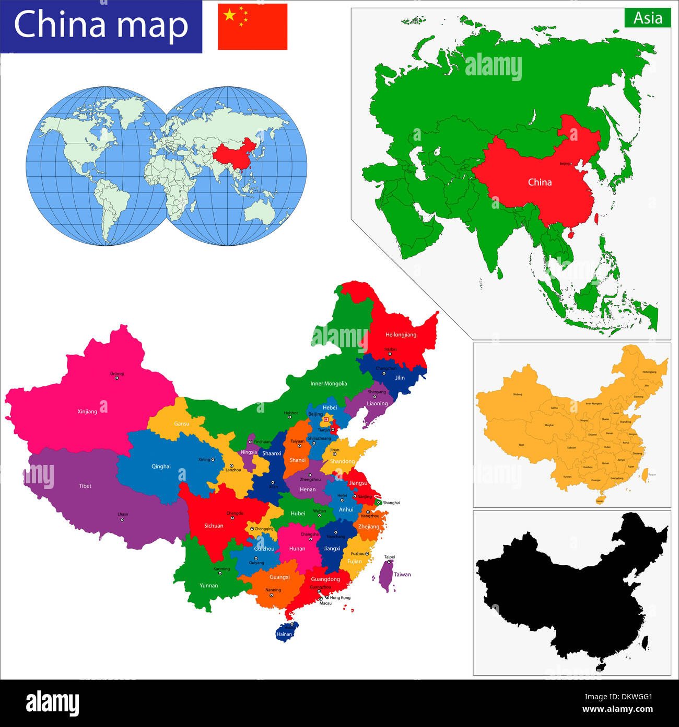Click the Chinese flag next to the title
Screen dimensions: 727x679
pos(252,27)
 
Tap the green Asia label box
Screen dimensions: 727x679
pos(647,18)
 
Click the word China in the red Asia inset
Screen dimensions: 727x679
pos(540,182)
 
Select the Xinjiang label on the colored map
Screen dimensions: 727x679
pos(87,412)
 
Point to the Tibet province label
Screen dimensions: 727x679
pos(85,486)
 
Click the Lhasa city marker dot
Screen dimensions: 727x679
pos(122,520)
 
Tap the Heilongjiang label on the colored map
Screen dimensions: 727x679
pos(401,335)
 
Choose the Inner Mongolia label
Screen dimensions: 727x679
pos(329,383)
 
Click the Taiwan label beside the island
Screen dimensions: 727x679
pos(402,574)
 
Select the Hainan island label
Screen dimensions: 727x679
pos(284,634)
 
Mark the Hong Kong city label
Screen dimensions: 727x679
pos(340,597)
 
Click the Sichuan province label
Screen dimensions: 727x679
pos(214,526)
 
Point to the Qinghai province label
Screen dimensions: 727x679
pos(161,467)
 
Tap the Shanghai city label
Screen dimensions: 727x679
pos(391,503)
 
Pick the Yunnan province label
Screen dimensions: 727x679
pos(208,585)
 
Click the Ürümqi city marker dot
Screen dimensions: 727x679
pos(116,378)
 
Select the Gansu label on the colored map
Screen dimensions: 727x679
pos(182,423)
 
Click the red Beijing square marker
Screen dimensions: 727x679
pos(326,419)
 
